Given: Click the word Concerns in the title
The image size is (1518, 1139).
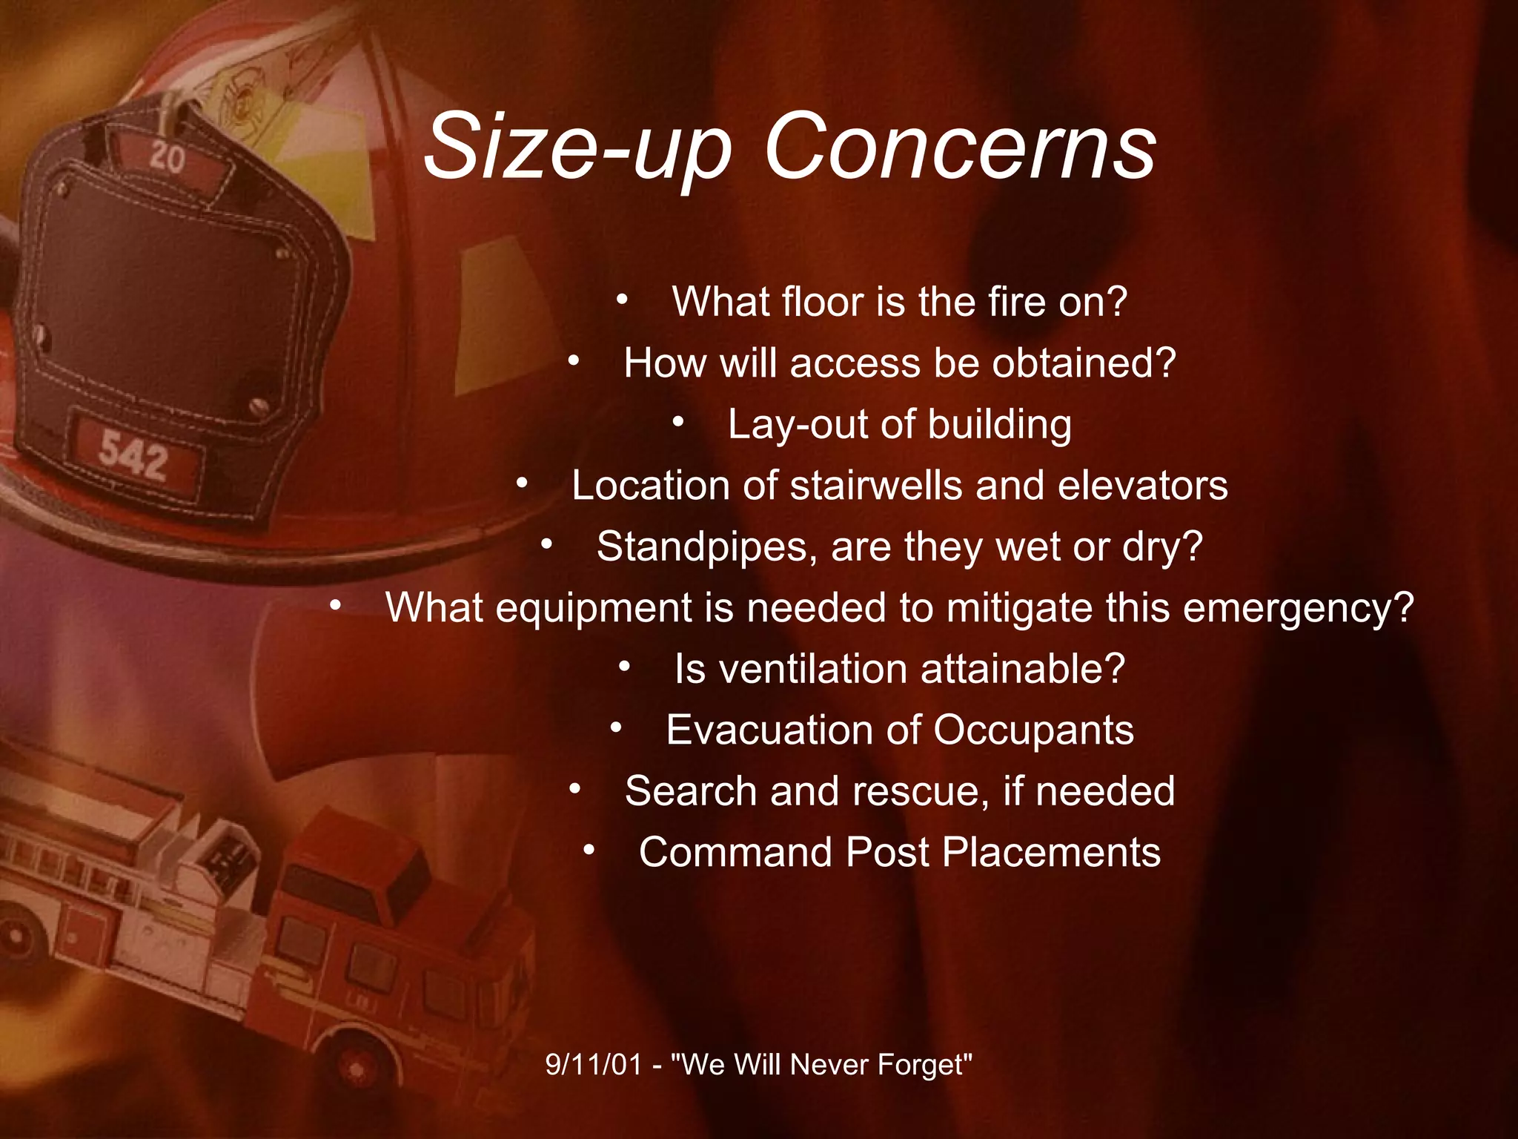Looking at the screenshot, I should (960, 148).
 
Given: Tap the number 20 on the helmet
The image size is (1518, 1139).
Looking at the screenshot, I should (167, 158).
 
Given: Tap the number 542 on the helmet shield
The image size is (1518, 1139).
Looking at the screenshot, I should (134, 455).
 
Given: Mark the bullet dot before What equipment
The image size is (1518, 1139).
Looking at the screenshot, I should (336, 607).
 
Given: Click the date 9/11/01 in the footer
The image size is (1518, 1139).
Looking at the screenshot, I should (593, 1065).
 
